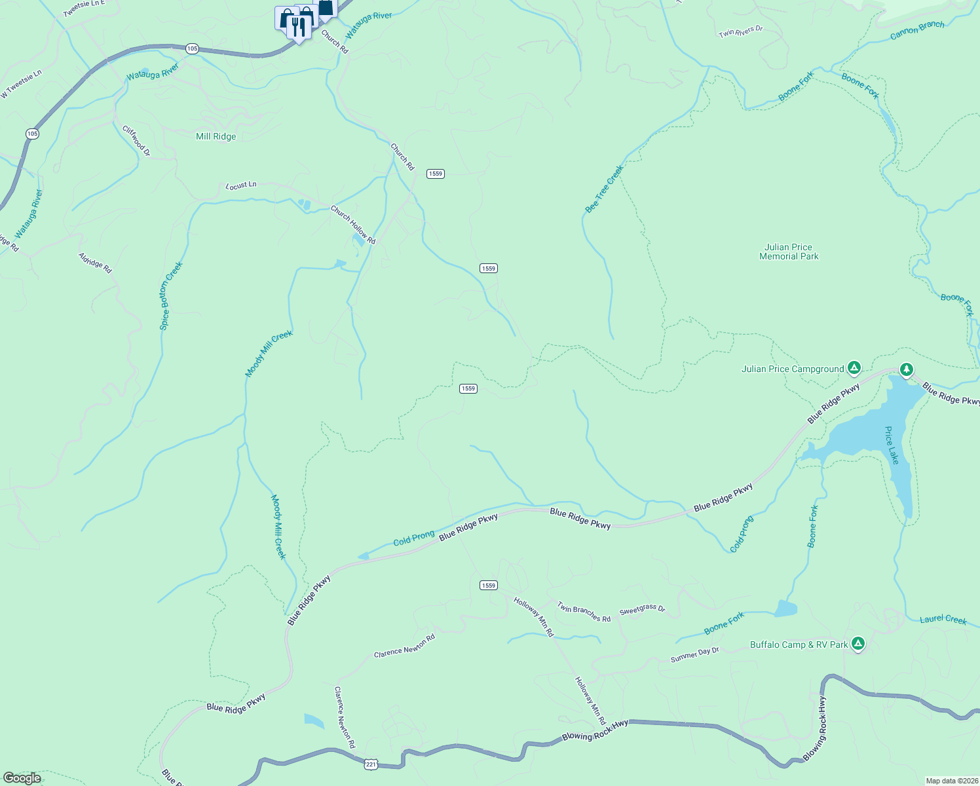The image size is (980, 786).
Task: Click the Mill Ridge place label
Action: [216, 136]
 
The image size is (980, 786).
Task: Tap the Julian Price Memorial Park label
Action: [789, 252]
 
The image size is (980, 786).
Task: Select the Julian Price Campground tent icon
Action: [854, 368]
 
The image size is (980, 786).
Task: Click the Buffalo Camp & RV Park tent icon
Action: [857, 644]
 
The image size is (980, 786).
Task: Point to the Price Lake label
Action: [892, 445]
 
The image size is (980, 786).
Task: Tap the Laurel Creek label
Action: [943, 619]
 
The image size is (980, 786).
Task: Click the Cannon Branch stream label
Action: [917, 30]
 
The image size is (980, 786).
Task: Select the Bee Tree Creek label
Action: [604, 189]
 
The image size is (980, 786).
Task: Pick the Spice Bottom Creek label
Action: [171, 295]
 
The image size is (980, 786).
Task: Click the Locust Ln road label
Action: [241, 185]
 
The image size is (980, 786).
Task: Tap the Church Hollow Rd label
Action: [352, 225]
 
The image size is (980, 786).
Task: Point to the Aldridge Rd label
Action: [95, 263]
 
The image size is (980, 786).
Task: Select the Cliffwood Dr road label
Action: [136, 140]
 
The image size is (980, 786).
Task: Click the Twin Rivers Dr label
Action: [740, 31]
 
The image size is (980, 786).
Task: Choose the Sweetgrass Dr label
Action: [642, 608]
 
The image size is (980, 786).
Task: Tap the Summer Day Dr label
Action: [694, 654]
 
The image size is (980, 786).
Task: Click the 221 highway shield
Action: [371, 764]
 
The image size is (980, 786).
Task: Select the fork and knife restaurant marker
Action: [299, 28]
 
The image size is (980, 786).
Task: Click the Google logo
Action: [22, 778]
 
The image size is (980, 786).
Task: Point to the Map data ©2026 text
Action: [951, 781]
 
